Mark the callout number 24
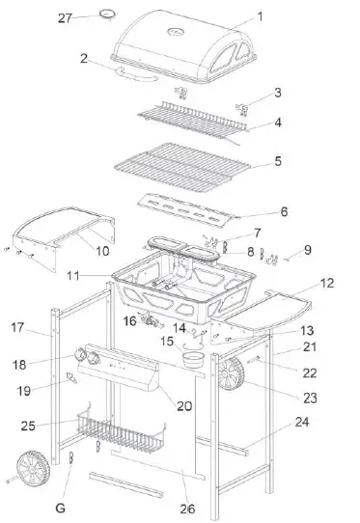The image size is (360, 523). point(302,422)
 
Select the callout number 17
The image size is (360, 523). point(17,328)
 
